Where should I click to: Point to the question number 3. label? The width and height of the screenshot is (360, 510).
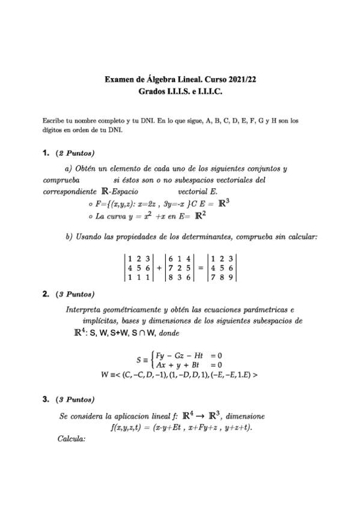pyautogui.click(x=46, y=399)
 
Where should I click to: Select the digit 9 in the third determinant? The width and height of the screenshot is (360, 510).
pyautogui.click(x=230, y=277)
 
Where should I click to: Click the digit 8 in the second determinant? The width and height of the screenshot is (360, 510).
pyautogui.click(x=171, y=277)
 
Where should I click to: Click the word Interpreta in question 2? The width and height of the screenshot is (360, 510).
pyautogui.click(x=84, y=310)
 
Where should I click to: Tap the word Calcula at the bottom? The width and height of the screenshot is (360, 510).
pyautogui.click(x=72, y=438)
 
